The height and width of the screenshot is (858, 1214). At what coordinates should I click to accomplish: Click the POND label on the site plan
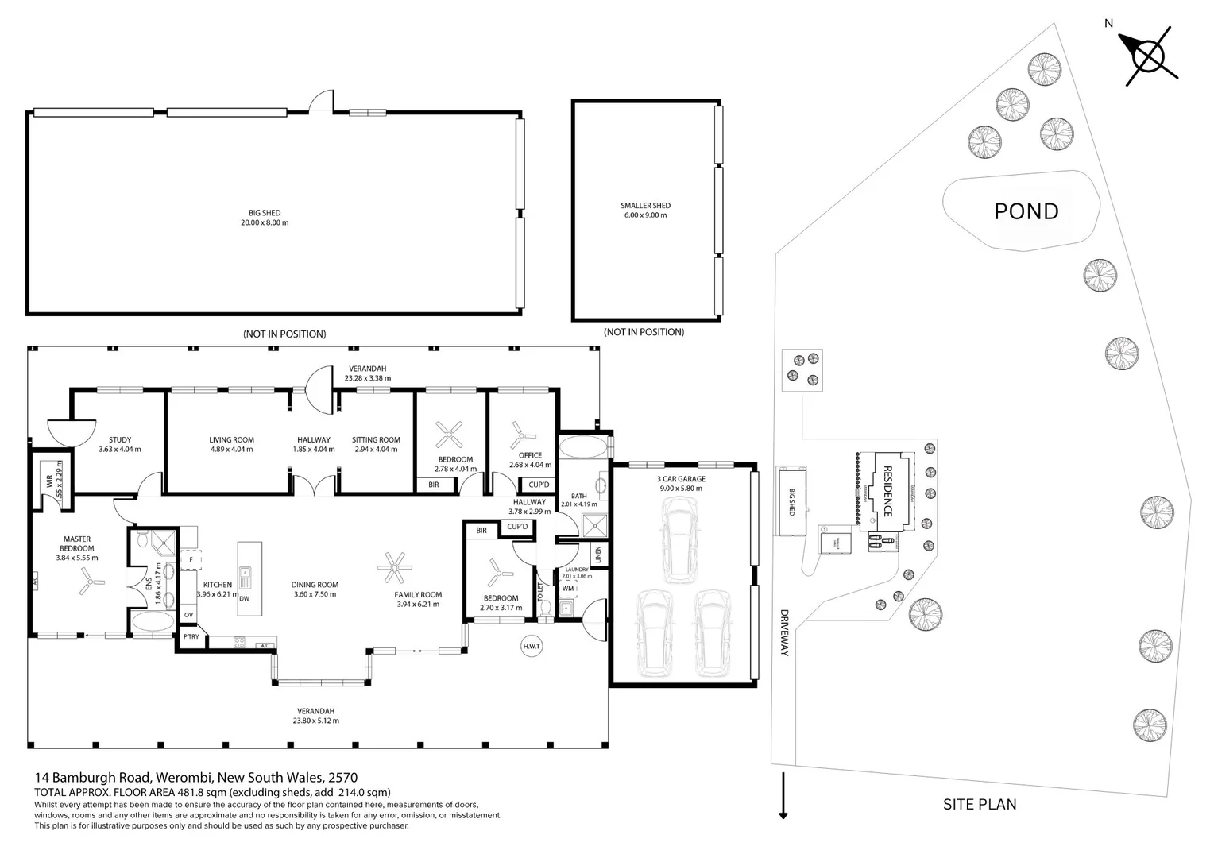click(1026, 211)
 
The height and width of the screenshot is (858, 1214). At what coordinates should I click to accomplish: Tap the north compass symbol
click(1149, 56)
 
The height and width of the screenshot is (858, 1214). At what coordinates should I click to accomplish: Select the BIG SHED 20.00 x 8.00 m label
click(265, 218)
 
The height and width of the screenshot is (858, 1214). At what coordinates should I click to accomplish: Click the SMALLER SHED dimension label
click(645, 211)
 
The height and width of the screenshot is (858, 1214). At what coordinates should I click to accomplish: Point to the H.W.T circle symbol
click(532, 647)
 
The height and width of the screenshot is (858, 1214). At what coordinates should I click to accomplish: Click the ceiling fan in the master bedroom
click(87, 586)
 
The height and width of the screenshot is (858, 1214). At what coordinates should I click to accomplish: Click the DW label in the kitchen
click(244, 599)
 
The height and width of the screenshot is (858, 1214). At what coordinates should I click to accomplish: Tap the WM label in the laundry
click(567, 589)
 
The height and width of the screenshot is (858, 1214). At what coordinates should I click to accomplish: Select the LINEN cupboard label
click(598, 554)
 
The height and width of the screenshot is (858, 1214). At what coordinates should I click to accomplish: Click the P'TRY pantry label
click(191, 637)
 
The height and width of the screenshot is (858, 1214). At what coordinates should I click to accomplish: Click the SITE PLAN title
click(979, 804)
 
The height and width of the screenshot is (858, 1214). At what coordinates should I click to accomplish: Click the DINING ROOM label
click(315, 589)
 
